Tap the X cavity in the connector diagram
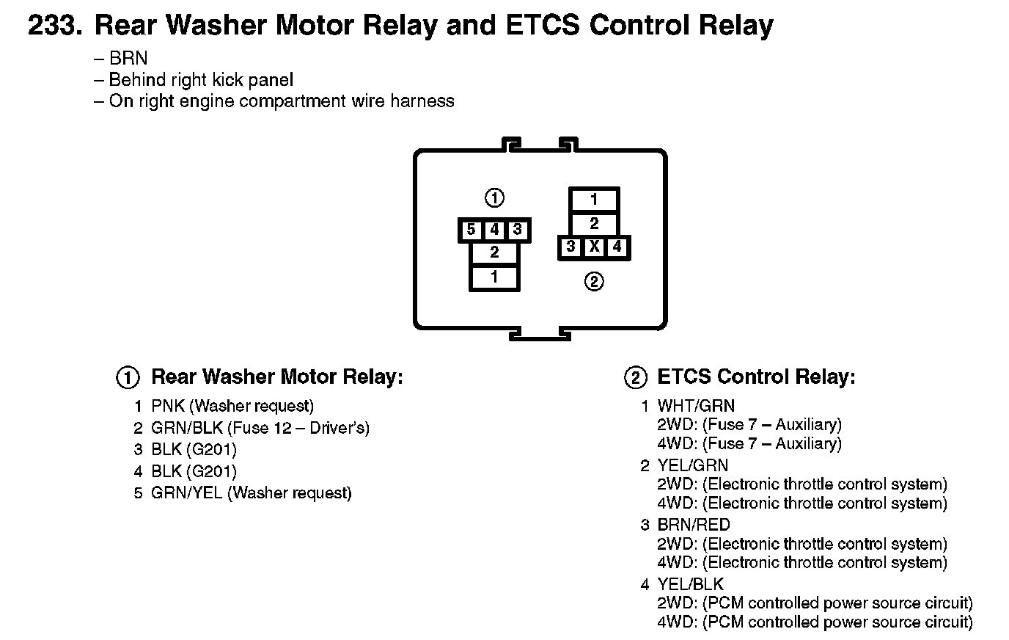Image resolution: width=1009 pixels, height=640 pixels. click(594, 247)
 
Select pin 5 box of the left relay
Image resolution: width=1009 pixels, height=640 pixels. click(471, 230)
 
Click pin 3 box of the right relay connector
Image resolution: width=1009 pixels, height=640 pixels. click(570, 247)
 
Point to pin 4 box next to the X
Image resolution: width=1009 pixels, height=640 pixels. click(617, 247)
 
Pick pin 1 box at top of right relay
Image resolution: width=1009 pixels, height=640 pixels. click(594, 199)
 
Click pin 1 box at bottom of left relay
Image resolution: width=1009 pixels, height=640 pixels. click(494, 277)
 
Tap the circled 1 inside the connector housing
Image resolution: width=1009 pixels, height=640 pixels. click(495, 197)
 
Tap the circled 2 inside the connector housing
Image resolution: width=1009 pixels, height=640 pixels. click(594, 281)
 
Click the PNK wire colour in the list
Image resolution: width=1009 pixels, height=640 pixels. click(168, 406)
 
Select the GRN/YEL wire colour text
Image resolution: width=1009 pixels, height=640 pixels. click(186, 493)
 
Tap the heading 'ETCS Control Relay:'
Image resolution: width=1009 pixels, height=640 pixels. click(756, 377)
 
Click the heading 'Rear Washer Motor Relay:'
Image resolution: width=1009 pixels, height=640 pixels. click(276, 377)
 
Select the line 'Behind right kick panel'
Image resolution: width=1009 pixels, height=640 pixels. click(201, 80)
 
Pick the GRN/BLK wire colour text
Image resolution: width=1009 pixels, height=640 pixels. click(186, 428)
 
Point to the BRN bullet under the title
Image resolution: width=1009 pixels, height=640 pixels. click(128, 59)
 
